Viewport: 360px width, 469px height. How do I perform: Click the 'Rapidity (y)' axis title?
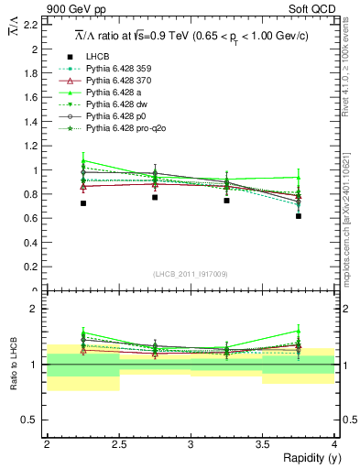pos(308,457)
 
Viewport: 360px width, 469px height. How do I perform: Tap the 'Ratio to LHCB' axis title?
pos(14,365)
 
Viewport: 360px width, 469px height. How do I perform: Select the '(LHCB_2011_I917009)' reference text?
pos(191,274)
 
